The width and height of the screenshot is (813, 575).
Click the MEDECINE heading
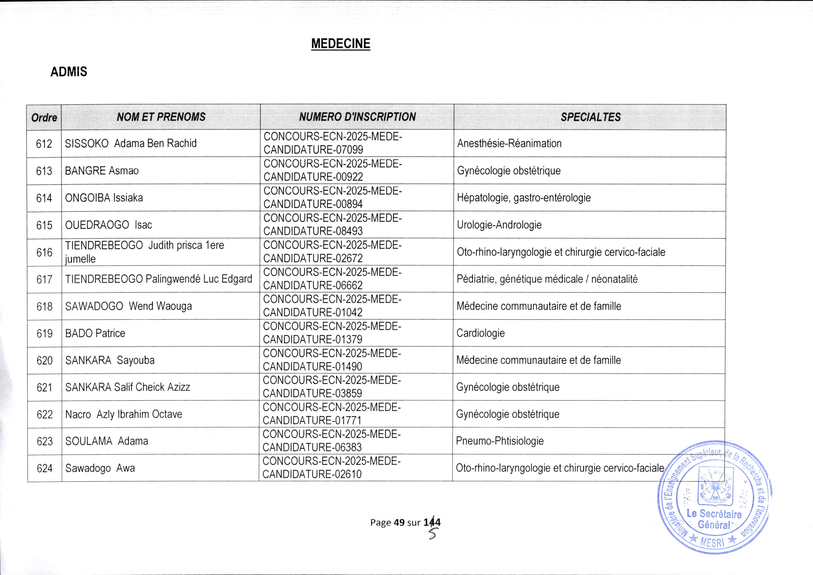point(341,44)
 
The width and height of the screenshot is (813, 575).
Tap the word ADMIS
point(69,72)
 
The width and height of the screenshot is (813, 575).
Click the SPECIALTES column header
point(590,117)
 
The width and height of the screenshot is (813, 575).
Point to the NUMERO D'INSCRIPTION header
point(357,117)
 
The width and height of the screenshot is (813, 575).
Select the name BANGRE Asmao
point(102,171)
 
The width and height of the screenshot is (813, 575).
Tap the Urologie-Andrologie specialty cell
point(499,225)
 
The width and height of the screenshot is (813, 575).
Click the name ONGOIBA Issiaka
point(104,198)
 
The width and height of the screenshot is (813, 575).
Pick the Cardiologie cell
point(481,333)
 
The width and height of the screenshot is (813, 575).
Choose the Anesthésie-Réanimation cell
point(509,143)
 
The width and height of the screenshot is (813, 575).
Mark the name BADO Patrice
point(95,333)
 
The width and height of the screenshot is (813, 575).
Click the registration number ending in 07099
point(332,143)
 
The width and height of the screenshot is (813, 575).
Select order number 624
point(45,468)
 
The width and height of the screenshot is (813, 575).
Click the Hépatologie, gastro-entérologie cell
point(524,198)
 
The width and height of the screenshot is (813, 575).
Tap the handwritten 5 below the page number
point(432,534)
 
